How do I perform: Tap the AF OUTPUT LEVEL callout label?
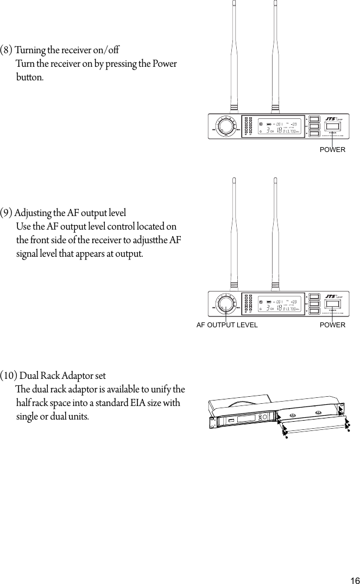tap(227, 325)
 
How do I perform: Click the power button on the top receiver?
tap(333, 126)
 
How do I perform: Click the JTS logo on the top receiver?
tap(330, 119)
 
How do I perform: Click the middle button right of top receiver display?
tap(314, 126)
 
